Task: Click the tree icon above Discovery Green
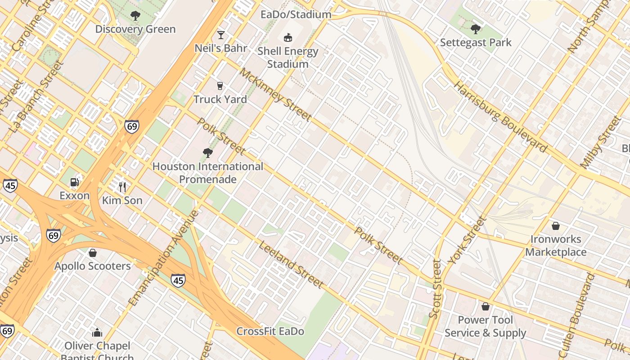(135, 16)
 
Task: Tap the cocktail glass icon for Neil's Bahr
(220, 35)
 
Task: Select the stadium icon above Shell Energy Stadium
(288, 37)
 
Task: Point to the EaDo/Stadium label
(296, 14)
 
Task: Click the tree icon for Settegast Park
(476, 30)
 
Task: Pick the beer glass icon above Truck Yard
(220, 86)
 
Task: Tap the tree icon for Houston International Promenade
(207, 153)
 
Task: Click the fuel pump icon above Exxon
(75, 182)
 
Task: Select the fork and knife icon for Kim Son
(122, 187)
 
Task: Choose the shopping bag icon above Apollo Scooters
(93, 253)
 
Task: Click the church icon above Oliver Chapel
(97, 333)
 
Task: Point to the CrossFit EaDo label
(270, 332)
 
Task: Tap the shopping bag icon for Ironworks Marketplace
(556, 226)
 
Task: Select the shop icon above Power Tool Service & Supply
(485, 307)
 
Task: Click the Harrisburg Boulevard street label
(500, 117)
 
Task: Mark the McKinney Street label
(275, 95)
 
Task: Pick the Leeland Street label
(290, 265)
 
